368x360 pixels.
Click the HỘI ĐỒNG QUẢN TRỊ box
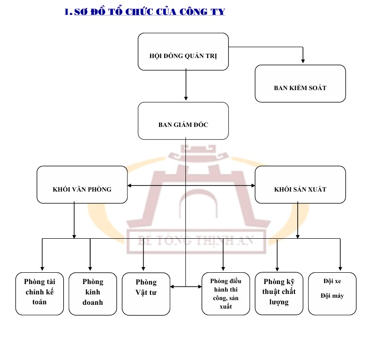tap(183, 51)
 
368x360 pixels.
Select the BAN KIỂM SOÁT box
tap(300, 84)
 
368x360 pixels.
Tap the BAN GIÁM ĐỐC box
tap(183, 121)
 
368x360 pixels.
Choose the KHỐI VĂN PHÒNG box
tap(82, 184)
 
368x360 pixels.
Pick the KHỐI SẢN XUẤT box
tap(300, 184)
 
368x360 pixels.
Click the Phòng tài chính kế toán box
tap(40, 293)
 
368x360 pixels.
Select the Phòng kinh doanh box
tap(92, 293)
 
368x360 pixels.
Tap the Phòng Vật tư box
tap(146, 294)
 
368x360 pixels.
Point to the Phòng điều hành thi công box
tap(226, 293)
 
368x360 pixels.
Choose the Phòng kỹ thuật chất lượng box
tap(279, 293)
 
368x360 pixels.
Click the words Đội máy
tap(332, 296)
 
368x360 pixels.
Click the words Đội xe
tap(332, 281)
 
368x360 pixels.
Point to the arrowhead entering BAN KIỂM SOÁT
tap(303, 61)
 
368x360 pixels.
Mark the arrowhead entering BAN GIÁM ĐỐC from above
tap(186, 99)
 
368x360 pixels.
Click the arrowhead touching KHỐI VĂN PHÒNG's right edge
tap(130, 185)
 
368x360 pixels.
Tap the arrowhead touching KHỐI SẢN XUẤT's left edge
tap(253, 185)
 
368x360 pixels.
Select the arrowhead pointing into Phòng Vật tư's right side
tap(172, 286)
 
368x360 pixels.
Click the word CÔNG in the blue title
tap(193, 12)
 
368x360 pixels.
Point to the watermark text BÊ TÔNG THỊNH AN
tap(196, 241)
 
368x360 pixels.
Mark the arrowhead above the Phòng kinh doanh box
tap(90, 269)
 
